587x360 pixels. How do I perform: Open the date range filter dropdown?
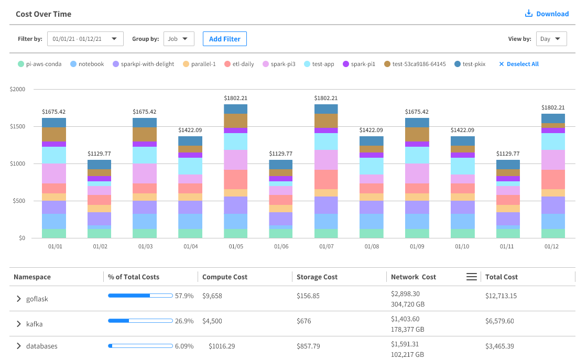pos(85,39)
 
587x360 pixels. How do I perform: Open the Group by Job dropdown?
pos(179,39)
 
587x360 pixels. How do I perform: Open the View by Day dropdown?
pos(551,39)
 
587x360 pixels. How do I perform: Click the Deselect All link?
pos(518,64)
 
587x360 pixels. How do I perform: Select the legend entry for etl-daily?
pos(240,64)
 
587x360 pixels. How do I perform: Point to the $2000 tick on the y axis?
pos(17,89)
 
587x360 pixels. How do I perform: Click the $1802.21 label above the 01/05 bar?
pos(236,98)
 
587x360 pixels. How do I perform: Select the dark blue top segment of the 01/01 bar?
pos(54,123)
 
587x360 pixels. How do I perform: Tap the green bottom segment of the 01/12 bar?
pos(553,233)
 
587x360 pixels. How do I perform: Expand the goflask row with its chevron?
pos(19,299)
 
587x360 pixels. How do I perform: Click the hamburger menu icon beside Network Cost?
pos(471,277)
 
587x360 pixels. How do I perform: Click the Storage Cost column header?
pos(317,277)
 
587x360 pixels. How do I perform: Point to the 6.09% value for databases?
pos(184,346)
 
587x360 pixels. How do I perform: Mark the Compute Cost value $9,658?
pos(212,296)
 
